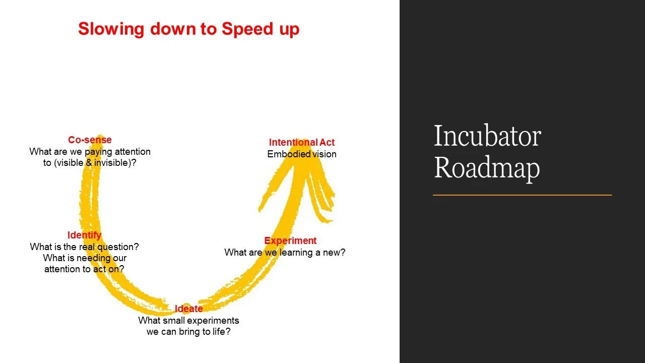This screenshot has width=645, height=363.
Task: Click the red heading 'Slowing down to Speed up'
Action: pos(188,29)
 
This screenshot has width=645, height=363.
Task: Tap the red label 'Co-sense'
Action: pos(90,140)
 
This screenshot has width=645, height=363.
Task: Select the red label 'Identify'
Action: pos(84,235)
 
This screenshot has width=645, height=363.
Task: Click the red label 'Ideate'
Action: pos(188,309)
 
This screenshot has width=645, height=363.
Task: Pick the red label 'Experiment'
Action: pos(290,241)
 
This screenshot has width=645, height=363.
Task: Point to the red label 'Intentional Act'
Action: pos(301,143)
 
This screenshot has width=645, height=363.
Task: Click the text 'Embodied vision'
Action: pos(301,154)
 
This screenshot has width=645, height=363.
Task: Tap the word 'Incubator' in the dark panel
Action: pos(487,136)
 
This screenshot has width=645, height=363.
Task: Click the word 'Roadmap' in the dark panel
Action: pos(486,168)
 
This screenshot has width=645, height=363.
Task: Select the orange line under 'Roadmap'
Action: pos(522,195)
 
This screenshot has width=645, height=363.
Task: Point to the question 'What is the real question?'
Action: pos(84,247)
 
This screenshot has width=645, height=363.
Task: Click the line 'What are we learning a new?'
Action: pos(285,253)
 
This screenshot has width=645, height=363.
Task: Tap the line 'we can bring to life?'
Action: pos(188,332)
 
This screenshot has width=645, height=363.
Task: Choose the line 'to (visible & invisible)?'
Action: pos(90,163)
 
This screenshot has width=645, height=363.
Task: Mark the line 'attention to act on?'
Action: pos(84,269)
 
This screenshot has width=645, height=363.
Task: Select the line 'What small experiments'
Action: pos(188,321)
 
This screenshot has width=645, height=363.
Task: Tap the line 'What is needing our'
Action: pos(84,258)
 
